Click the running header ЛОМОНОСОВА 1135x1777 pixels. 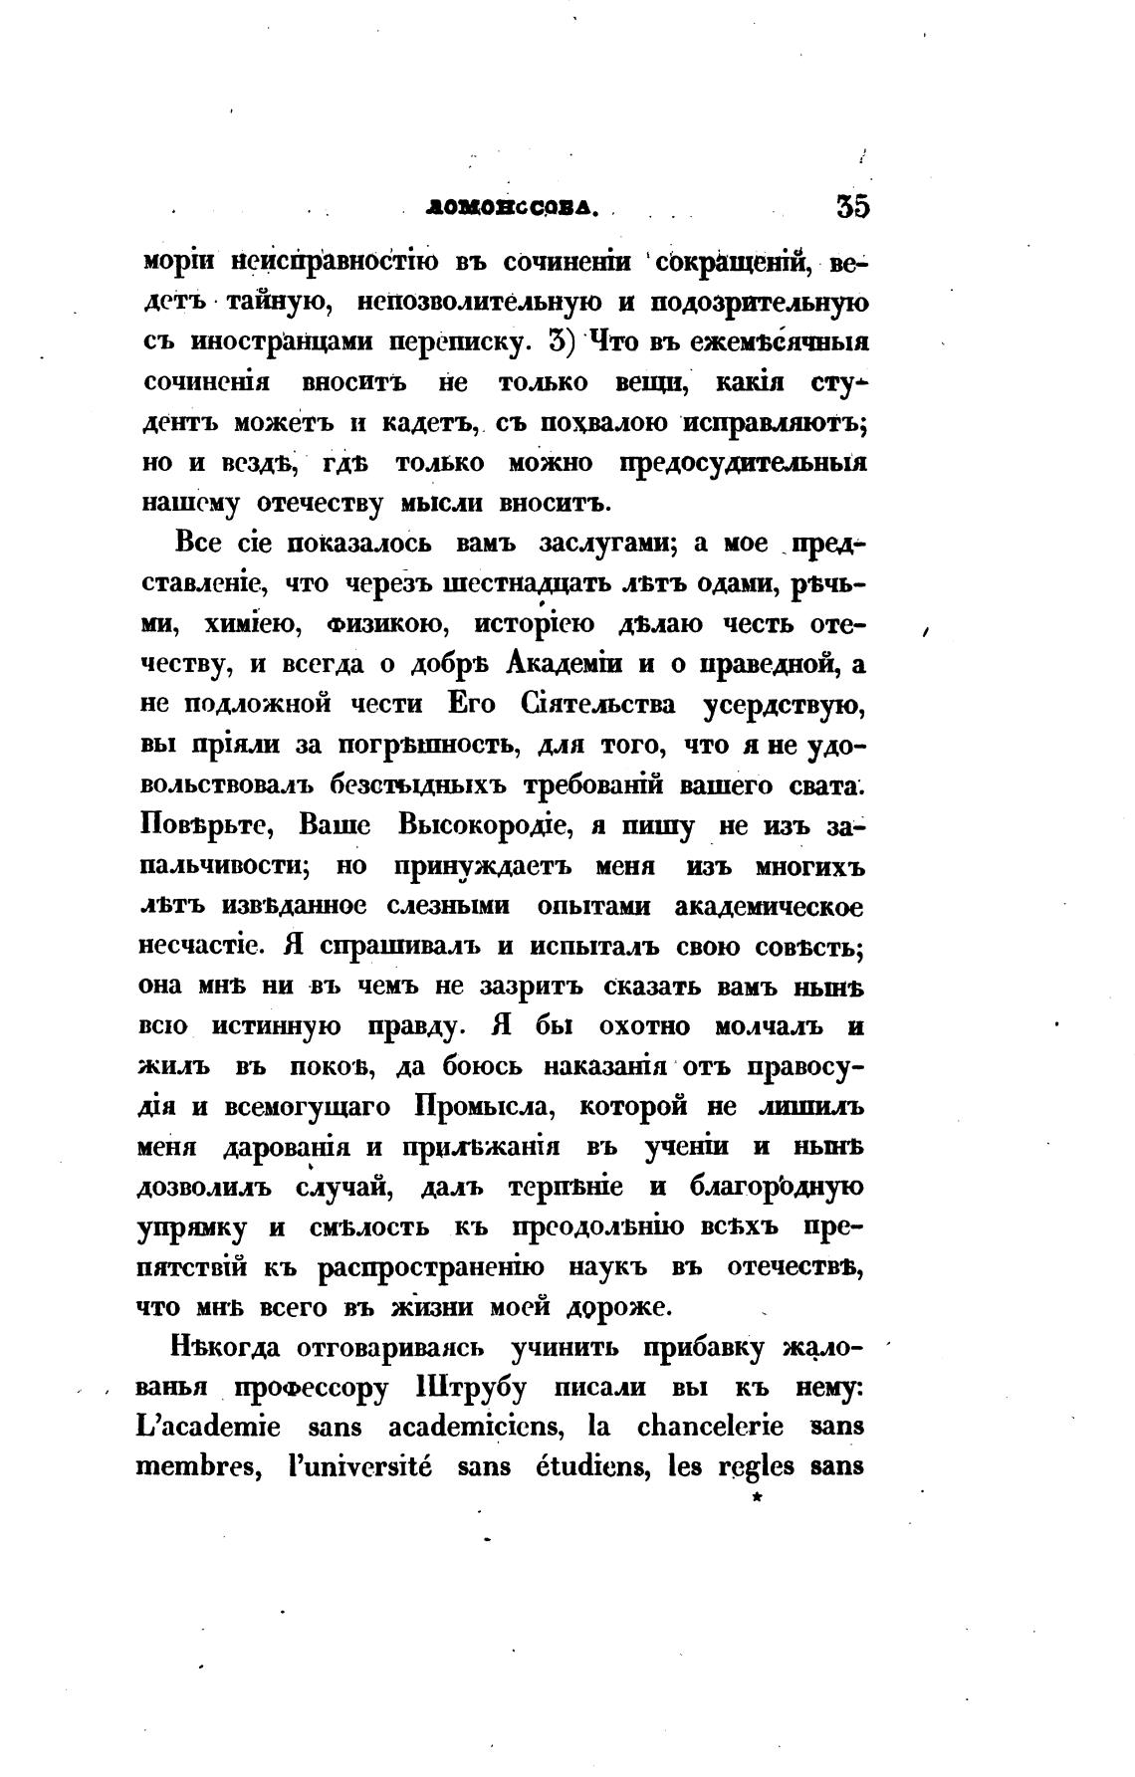tap(511, 208)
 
